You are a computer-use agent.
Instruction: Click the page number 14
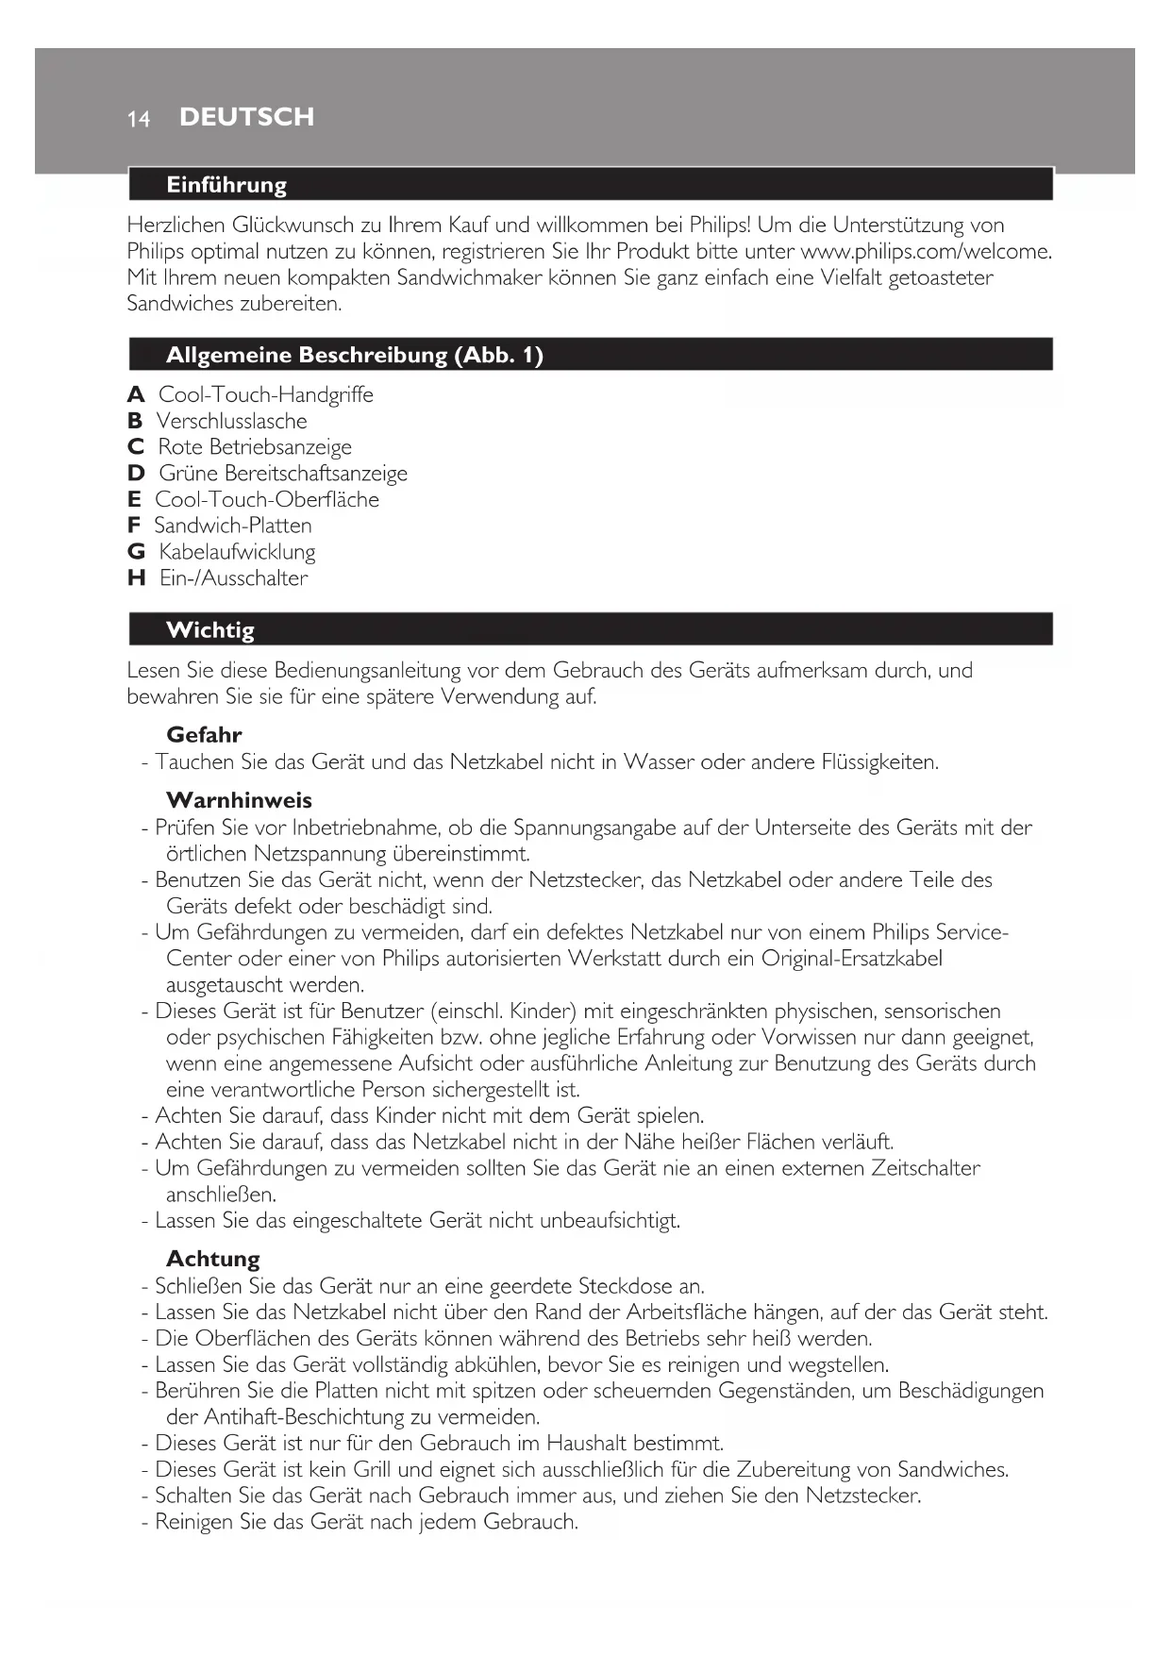point(139,119)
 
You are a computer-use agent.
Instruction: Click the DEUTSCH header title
point(246,117)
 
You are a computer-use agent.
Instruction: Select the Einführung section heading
point(226,185)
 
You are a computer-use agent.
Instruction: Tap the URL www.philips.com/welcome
point(925,251)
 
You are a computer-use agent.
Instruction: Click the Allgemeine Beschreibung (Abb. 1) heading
point(354,355)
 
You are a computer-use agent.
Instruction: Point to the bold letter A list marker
point(136,394)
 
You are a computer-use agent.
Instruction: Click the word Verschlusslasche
point(231,421)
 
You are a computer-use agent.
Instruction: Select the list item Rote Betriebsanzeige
point(255,447)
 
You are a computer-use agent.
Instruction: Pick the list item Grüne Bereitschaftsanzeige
point(283,474)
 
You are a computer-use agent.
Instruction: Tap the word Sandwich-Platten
point(233,526)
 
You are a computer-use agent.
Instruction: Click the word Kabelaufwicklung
point(237,552)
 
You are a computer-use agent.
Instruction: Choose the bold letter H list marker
point(136,578)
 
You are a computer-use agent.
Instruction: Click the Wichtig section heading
point(209,629)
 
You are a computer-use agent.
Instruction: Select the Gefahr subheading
point(204,734)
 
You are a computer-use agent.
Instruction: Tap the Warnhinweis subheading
point(239,800)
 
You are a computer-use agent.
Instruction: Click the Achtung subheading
point(212,1259)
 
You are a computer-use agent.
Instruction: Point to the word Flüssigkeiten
point(879,761)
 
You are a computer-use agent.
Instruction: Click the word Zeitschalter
point(925,1168)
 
